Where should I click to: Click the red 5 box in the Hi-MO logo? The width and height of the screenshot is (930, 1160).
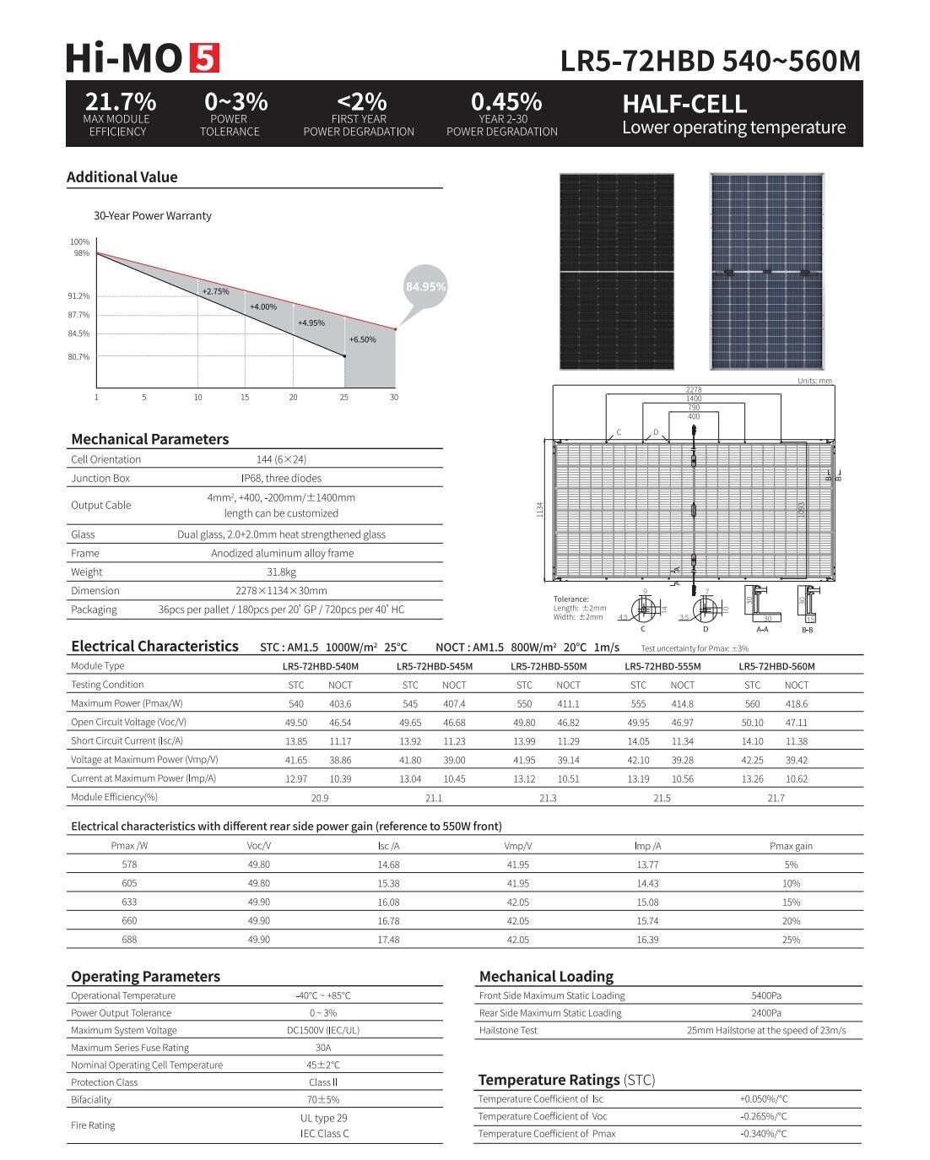click(x=204, y=58)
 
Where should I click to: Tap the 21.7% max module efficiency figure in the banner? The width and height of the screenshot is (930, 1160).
click(x=120, y=101)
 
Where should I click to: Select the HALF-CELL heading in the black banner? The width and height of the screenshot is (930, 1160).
click(x=684, y=104)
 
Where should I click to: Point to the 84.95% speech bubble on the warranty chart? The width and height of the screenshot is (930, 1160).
click(x=425, y=287)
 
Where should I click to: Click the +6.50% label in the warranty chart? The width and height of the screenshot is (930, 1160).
click(x=362, y=339)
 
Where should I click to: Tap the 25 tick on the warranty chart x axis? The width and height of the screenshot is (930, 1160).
click(x=343, y=397)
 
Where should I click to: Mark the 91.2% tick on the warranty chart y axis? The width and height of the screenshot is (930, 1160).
click(x=78, y=296)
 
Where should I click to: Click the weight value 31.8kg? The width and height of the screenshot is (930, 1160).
click(x=281, y=572)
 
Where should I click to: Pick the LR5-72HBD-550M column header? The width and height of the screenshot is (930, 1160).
click(x=549, y=666)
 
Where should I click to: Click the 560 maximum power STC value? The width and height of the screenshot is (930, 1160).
click(x=752, y=703)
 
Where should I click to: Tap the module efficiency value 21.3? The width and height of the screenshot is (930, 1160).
click(x=548, y=798)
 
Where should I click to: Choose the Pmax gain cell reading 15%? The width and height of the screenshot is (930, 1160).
click(x=791, y=902)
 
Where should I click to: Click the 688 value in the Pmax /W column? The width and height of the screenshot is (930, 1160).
click(x=129, y=939)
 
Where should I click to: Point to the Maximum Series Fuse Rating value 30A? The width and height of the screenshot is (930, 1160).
click(x=322, y=1048)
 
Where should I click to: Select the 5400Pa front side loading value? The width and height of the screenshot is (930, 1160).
click(x=765, y=995)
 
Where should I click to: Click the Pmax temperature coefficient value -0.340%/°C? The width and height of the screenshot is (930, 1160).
click(x=763, y=1134)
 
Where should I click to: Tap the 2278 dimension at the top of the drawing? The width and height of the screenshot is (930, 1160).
click(x=693, y=389)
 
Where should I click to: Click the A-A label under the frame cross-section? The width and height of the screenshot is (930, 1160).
click(x=762, y=629)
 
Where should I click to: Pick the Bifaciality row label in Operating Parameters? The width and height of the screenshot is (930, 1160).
click(x=91, y=1099)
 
